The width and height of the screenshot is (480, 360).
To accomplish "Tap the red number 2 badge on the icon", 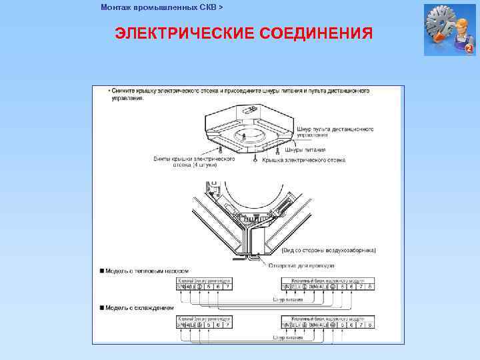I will click(x=469, y=49).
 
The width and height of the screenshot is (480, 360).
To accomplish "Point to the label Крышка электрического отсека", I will click(x=303, y=160).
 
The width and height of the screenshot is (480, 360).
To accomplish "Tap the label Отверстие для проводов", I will click(x=300, y=265).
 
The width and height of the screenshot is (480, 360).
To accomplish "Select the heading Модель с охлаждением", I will click(x=141, y=308).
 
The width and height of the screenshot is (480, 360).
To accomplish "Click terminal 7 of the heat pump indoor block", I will click(x=228, y=287).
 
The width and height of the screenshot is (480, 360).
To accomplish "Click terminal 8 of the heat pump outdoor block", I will click(x=370, y=287).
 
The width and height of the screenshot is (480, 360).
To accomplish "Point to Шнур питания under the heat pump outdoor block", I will click(x=287, y=300).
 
